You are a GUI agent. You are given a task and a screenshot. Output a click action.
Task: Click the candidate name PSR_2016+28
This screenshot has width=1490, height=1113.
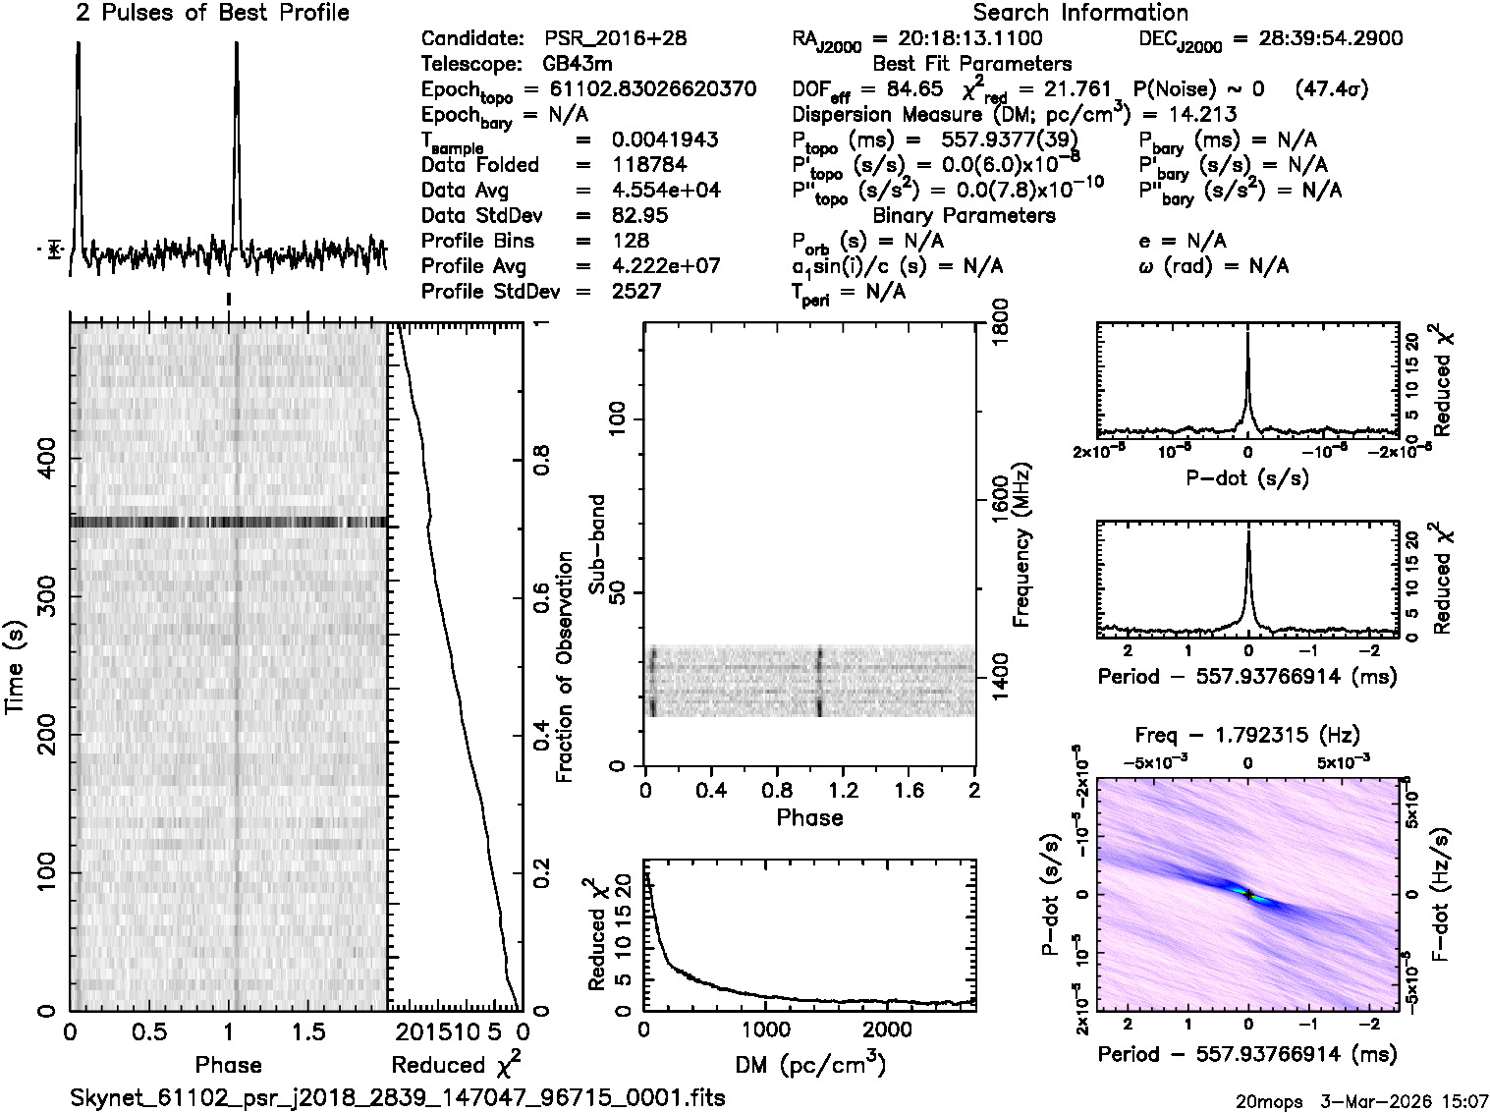[615, 39]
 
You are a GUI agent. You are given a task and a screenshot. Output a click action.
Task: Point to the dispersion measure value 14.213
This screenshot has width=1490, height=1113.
[1203, 115]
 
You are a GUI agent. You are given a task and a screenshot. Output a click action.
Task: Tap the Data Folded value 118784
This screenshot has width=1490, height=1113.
[648, 165]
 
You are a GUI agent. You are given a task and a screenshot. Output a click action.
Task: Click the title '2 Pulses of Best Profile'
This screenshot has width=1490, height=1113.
[212, 13]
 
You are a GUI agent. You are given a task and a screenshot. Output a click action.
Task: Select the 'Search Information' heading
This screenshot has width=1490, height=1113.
[1080, 13]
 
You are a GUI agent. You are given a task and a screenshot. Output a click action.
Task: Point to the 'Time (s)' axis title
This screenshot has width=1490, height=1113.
[16, 668]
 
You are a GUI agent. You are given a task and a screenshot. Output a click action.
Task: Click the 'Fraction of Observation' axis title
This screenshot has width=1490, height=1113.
[564, 668]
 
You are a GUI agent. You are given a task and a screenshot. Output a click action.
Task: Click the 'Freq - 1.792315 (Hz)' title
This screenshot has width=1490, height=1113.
[1246, 735]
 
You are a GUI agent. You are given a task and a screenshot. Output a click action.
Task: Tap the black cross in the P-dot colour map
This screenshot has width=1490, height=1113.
[1247, 894]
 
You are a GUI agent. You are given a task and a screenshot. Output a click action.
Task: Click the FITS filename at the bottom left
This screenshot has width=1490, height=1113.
[399, 1097]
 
